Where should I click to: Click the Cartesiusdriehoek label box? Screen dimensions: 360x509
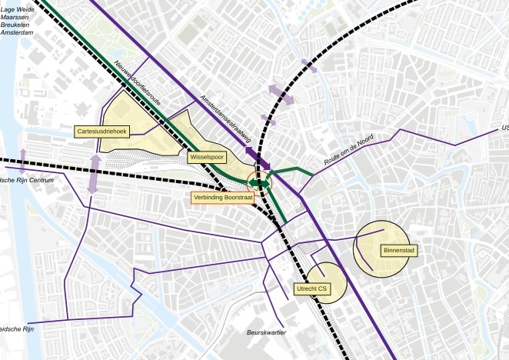coord(103,132)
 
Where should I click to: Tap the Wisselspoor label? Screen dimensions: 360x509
coord(207,157)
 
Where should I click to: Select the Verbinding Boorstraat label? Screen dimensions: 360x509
coord(222,198)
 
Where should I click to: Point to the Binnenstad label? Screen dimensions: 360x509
coord(398,250)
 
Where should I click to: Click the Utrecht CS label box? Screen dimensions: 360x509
coord(311,289)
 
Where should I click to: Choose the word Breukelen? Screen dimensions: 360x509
coord(16,25)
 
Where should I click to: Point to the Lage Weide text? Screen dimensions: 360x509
coord(18,8)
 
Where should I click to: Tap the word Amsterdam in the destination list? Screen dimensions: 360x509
coord(17,33)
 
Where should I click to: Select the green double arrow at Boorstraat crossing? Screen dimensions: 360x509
coord(262,184)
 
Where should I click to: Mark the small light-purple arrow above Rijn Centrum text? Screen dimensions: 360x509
coord(22,158)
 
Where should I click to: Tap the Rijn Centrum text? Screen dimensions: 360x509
coord(23,180)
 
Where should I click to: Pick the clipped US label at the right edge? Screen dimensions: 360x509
coord(504,128)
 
